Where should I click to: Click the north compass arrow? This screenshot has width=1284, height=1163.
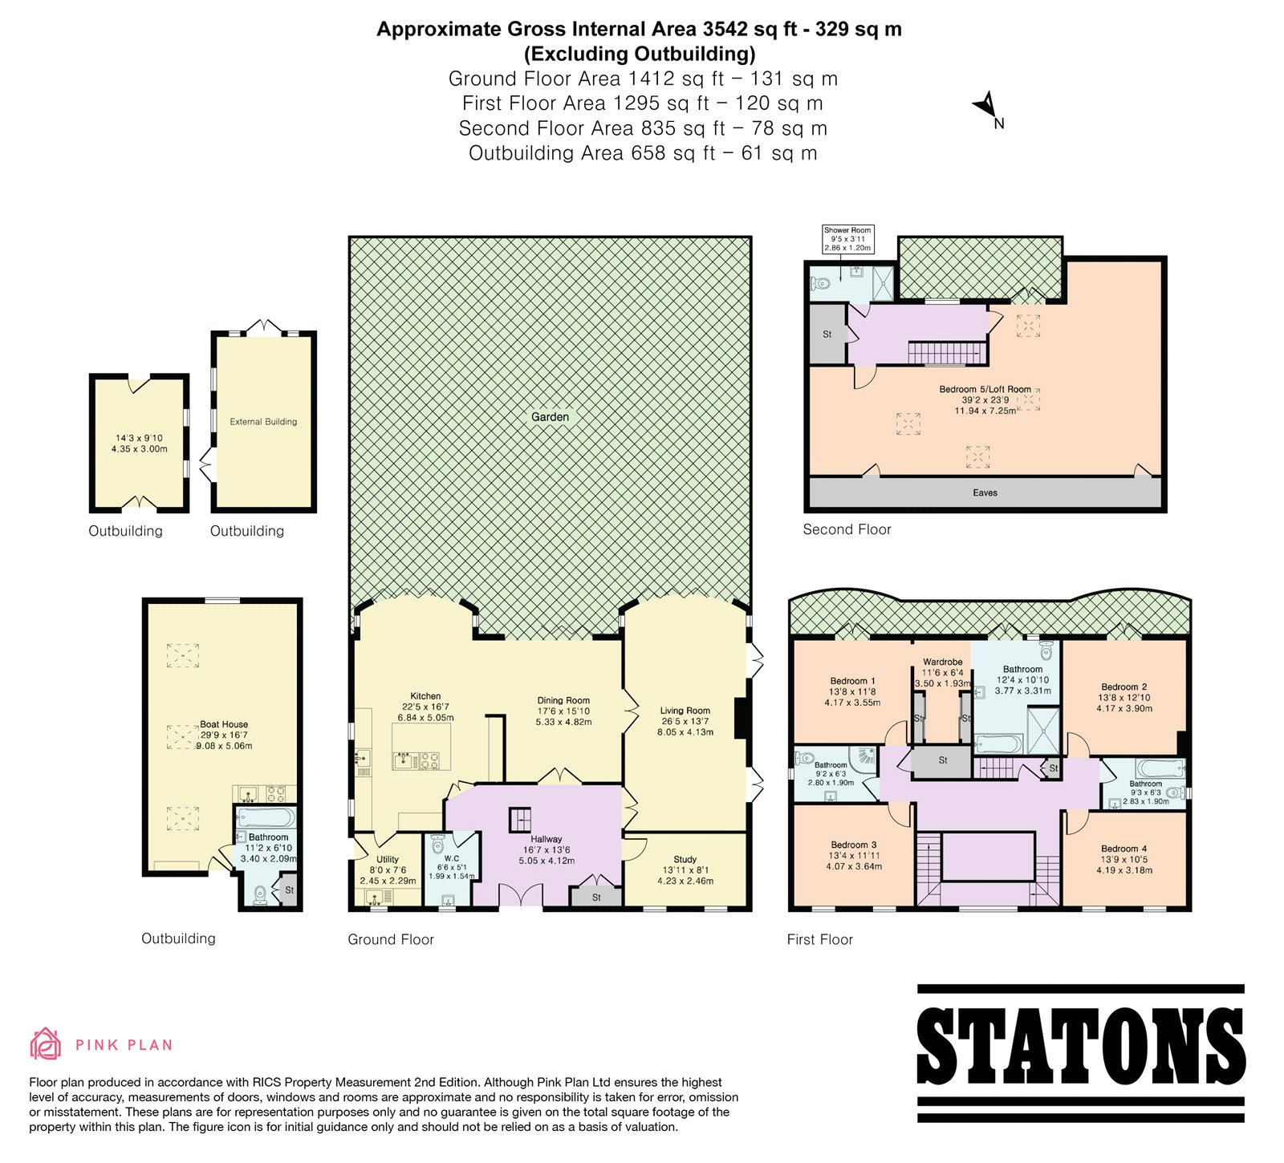985,105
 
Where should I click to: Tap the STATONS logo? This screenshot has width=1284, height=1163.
1080,1052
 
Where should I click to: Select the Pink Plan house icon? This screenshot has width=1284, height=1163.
46,1043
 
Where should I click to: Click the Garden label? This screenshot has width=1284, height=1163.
550,417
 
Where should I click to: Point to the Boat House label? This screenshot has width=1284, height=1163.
224,724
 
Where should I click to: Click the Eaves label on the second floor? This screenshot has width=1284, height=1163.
985,492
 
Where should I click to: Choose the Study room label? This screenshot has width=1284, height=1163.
685,859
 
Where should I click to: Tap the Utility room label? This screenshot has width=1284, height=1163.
388,859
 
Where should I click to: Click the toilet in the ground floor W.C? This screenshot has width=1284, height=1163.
437,845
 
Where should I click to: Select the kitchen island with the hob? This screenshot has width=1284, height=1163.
421,747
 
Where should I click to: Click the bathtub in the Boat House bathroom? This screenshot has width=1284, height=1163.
267,818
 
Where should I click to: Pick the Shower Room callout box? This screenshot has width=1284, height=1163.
847,239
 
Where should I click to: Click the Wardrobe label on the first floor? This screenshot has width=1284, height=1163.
942,663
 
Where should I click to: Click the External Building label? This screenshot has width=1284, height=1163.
263,421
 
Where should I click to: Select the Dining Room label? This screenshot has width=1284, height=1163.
563,700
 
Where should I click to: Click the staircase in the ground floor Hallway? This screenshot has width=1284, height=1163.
520,820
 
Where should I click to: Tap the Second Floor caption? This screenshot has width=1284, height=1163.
847,529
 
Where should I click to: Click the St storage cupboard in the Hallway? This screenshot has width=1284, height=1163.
596,897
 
